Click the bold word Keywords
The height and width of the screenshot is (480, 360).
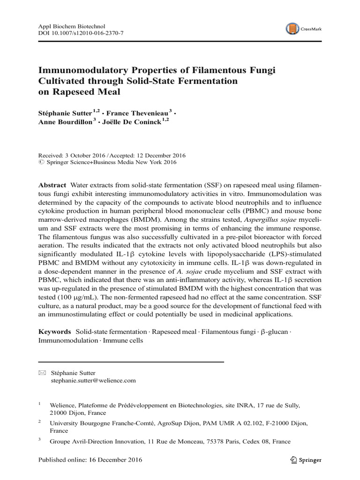54,331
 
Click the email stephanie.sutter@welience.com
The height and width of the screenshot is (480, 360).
93,381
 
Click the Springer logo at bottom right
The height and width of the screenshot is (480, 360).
306,460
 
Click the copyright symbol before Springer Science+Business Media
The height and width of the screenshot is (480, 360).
40,163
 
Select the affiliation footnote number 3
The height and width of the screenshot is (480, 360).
40,440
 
